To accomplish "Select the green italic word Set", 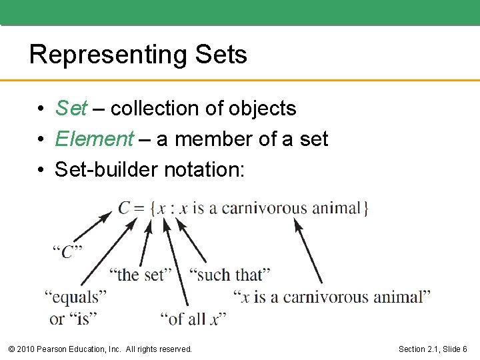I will point(71,108).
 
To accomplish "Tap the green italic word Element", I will point(95,139).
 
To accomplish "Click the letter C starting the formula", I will point(125,208).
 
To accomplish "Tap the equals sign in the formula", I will point(140,208).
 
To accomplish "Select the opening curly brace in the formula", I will point(153,208).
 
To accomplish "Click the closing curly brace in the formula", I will point(365,208).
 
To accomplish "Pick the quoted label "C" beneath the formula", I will point(67,252).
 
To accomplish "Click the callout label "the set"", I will point(140,274).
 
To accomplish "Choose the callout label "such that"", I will point(229,274).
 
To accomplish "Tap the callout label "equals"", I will point(75,297).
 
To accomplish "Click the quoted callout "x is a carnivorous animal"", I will point(332,297).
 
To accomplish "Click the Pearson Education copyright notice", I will point(99,349).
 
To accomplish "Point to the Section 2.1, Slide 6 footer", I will point(432,349).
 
